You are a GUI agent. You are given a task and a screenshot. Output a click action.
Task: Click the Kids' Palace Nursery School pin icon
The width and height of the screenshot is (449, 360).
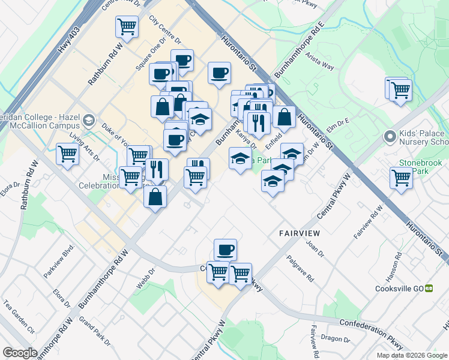[390, 137]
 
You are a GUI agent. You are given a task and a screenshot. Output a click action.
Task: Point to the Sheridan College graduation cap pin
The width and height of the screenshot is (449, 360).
[89, 121]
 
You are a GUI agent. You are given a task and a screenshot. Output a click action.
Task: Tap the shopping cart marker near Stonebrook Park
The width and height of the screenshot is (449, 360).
[401, 178]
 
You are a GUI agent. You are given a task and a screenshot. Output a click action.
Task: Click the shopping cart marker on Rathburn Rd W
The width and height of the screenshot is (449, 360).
[127, 26]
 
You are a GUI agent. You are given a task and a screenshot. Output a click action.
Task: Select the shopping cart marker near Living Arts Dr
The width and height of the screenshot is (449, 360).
[68, 154]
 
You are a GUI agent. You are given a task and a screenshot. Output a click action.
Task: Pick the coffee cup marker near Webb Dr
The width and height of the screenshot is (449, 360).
[225, 249]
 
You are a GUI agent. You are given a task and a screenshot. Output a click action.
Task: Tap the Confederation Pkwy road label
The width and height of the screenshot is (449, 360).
[370, 332]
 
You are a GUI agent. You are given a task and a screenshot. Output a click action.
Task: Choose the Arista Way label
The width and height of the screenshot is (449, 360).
[319, 61]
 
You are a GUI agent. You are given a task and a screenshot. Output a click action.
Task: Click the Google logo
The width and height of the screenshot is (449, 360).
[19, 353]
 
